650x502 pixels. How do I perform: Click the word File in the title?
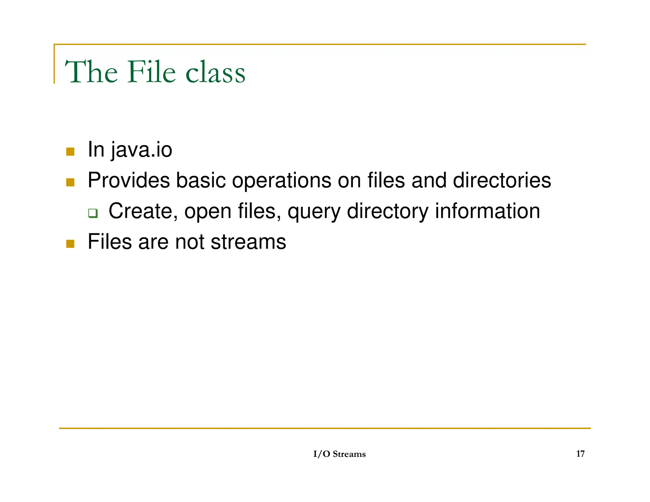151,72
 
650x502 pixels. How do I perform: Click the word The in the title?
91,72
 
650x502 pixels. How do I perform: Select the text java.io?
142,150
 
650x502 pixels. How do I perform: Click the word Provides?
129,181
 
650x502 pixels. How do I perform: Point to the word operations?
282,181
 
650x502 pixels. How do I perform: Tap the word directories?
502,181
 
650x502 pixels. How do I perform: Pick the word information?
487,211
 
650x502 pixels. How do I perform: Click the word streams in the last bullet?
248,242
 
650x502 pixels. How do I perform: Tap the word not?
189,242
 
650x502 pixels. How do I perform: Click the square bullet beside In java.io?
70,152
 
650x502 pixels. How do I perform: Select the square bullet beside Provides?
70,182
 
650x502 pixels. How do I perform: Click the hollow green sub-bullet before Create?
93,213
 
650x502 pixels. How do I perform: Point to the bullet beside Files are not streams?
70,244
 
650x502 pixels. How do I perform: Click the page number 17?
580,454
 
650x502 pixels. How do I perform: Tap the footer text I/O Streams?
339,454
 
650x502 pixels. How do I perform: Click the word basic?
201,181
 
